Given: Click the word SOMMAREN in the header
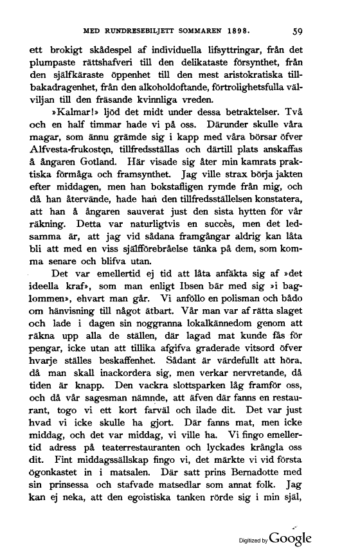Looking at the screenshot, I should point(199,30).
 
